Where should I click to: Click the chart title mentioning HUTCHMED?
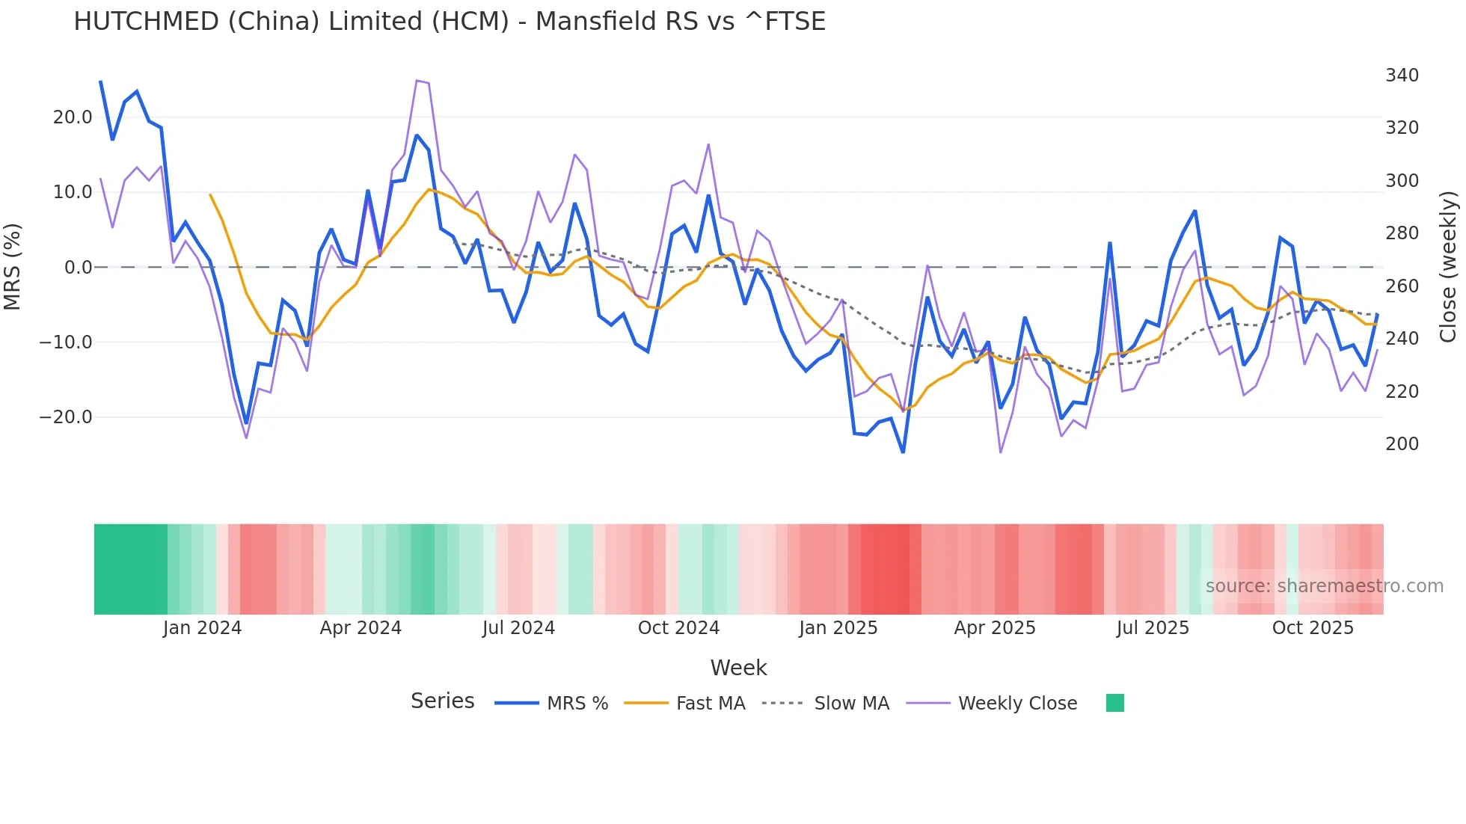tap(450, 22)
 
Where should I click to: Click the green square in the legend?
tap(1114, 703)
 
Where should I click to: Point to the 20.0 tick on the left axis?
tap(73, 117)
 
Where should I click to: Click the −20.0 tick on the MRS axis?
tap(67, 417)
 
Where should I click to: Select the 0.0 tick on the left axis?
tap(78, 268)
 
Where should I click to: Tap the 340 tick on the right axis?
tap(1402, 76)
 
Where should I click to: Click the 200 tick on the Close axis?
tap(1402, 444)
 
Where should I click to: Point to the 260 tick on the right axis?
tap(1402, 286)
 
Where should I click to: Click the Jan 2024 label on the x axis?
tap(202, 628)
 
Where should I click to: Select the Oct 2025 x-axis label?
tap(1313, 628)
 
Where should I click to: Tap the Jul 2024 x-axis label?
tap(518, 628)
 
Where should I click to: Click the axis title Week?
tap(738, 668)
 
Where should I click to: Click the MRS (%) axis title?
tap(13, 267)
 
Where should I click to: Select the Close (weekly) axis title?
tap(1448, 267)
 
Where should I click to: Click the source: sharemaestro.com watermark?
tap(1324, 586)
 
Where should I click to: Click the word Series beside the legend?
tap(442, 701)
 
